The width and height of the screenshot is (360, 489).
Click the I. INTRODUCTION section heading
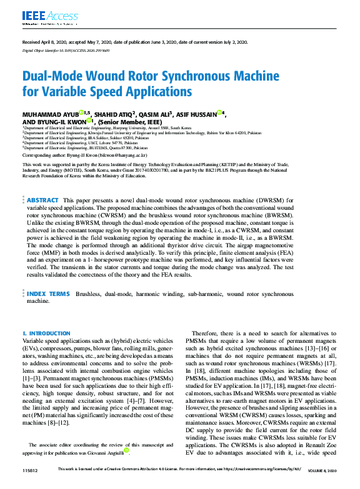click(x=46, y=334)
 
